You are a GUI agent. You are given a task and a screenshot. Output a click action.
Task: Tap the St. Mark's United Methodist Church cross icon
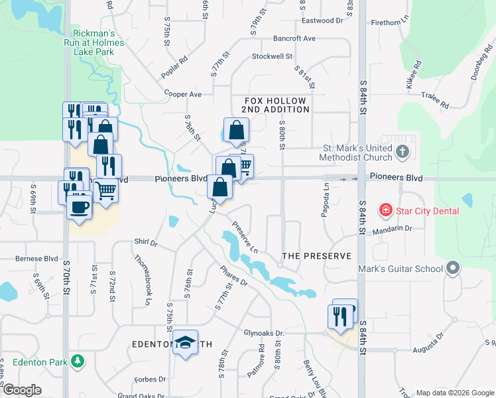(x=402, y=153)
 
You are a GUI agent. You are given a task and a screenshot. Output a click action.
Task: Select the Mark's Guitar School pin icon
(x=453, y=268)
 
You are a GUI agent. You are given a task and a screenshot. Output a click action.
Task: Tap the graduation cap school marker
(x=185, y=342)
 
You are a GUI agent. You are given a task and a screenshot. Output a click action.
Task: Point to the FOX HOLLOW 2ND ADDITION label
(x=274, y=105)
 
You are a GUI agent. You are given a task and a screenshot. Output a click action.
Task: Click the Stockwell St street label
(x=272, y=56)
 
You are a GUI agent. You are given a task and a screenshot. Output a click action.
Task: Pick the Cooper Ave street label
(x=182, y=94)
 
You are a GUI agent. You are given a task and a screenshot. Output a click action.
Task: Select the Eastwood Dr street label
(x=322, y=21)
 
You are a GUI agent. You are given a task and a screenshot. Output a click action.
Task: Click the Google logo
(x=23, y=390)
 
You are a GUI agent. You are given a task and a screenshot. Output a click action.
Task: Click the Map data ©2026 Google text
(x=454, y=392)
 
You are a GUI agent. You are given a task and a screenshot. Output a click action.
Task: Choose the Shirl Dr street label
(x=145, y=243)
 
